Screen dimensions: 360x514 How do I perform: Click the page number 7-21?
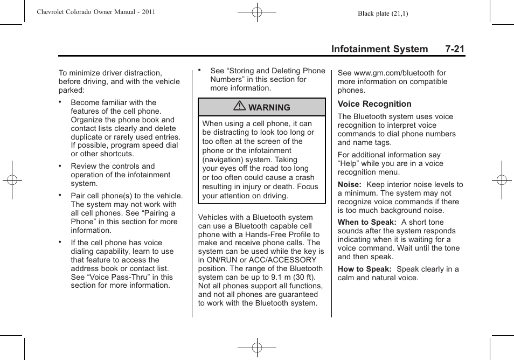pos(455,49)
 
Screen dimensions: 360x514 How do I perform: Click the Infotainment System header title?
pos(379,49)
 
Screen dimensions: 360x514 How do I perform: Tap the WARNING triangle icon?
pos(241,107)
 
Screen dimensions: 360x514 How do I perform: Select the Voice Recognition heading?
pos(374,104)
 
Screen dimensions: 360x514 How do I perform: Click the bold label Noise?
pos(349,184)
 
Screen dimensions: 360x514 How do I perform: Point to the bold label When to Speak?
pos(367,222)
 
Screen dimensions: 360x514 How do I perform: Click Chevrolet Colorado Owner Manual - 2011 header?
pos(96,11)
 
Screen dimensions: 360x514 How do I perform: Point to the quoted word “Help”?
pos(349,163)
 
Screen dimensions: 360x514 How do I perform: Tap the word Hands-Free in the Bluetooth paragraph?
pos(265,234)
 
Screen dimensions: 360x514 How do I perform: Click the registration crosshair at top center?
pos(257,11)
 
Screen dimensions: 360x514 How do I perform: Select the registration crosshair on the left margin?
pos(12,180)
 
